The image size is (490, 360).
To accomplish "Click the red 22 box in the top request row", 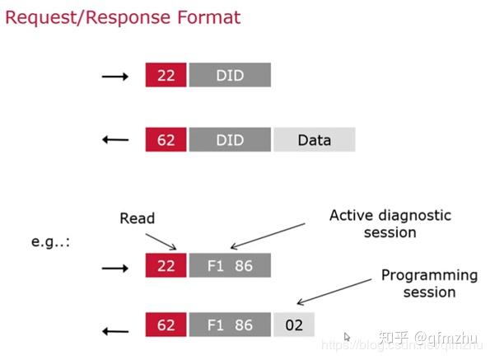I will click(x=166, y=76).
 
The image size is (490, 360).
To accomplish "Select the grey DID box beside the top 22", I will click(x=230, y=76).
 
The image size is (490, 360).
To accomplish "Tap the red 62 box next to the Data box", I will click(x=166, y=139).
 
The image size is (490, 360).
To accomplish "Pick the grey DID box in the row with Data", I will click(x=230, y=139).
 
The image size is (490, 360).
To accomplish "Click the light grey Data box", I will click(x=314, y=139).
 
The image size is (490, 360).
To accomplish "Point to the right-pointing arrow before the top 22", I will click(x=114, y=77).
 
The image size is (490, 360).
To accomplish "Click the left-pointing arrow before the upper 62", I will click(x=114, y=139).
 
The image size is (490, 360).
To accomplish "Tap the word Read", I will click(x=137, y=218).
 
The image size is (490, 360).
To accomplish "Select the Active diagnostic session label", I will click(x=390, y=223).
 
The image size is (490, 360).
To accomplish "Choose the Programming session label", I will click(x=429, y=283).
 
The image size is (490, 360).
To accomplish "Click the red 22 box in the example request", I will click(x=166, y=265).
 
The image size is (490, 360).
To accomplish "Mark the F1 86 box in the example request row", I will click(x=230, y=265).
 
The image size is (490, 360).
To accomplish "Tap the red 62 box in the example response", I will click(x=166, y=325).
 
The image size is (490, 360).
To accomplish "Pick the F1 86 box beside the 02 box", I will click(x=230, y=325).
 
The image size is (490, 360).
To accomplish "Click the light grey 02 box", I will click(x=294, y=325).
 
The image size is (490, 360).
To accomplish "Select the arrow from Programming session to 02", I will click(x=334, y=293).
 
